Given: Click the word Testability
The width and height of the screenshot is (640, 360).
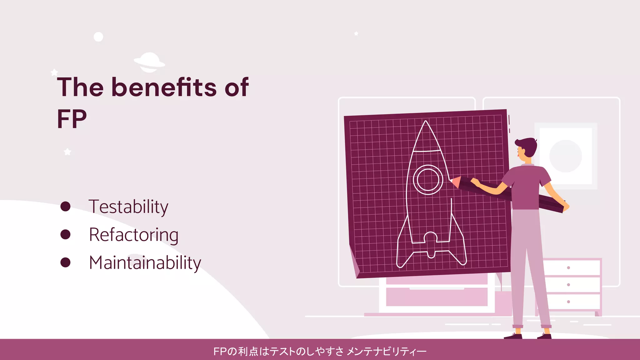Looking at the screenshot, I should pos(128,207).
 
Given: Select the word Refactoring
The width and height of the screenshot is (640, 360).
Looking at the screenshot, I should pos(134,235).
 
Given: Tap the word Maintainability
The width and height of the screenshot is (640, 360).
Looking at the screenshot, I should pos(145,263).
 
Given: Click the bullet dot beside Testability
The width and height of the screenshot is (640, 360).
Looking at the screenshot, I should pos(65,206).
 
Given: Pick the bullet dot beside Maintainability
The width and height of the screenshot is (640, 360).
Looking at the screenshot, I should pos(65,262).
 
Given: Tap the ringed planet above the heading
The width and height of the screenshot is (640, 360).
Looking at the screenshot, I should pos(149,62).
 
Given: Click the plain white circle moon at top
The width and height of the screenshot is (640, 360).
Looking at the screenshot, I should pos(98,37).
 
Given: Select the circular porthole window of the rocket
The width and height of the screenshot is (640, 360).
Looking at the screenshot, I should pos(428,180).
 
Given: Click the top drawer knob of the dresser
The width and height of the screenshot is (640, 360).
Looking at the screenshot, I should pos(568,268).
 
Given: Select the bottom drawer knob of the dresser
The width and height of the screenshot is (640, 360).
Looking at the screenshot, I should pos(568,302).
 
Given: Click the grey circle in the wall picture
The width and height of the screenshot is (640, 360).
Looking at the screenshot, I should pos(566,156).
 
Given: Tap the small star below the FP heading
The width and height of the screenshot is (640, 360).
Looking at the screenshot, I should pos(67,152).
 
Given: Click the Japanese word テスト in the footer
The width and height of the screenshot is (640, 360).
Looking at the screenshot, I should pos(282,352).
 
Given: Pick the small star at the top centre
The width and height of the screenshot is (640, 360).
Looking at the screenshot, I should pos(356,33).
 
